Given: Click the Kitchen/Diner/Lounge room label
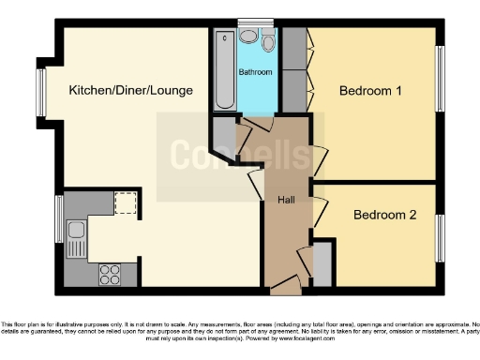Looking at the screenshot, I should click(x=130, y=91).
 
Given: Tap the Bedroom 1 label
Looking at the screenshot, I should click(x=370, y=91).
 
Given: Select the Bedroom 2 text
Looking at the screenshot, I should click(x=383, y=215).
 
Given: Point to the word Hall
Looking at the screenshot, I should click(x=287, y=200).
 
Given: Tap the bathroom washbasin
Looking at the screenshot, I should click(x=247, y=37).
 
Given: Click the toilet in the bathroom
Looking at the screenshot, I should click(x=268, y=42).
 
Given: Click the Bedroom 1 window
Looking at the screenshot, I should click(x=438, y=81).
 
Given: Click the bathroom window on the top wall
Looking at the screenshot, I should click(x=254, y=22).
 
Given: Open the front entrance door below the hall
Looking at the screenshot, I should click(x=287, y=283).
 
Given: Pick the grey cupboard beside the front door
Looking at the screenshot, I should click(x=322, y=263).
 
